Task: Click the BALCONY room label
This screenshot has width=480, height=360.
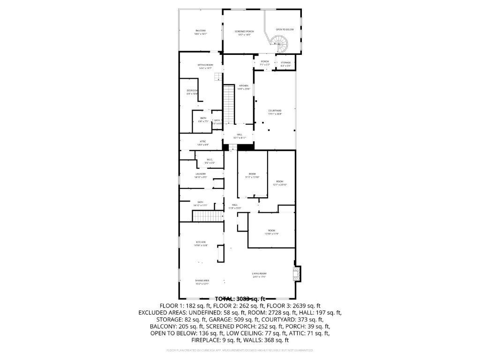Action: click(x=201, y=31)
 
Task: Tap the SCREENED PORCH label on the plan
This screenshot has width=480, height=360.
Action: click(x=244, y=31)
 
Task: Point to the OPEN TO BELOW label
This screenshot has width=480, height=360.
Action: click(x=285, y=30)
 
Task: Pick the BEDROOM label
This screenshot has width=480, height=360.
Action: click(x=192, y=90)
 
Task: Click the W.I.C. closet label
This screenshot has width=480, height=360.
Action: click(x=210, y=159)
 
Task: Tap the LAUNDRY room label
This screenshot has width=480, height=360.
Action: click(x=201, y=174)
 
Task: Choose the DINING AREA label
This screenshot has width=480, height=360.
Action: click(x=202, y=280)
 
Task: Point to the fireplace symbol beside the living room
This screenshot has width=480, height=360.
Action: click(x=296, y=274)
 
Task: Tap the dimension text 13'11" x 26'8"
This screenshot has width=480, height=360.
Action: click(x=275, y=114)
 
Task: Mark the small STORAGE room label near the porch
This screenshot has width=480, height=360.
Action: click(x=286, y=62)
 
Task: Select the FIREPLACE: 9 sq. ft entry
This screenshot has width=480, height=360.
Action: click(x=217, y=340)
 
